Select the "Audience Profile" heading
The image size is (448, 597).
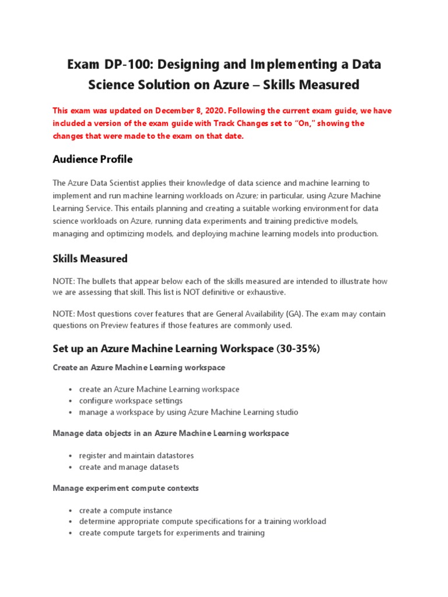(92, 159)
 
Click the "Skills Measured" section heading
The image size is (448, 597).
(90, 258)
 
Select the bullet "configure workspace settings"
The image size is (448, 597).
(131, 401)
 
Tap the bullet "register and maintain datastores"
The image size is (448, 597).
(136, 455)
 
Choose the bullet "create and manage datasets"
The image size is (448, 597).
(129, 467)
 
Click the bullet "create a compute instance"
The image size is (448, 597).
(125, 510)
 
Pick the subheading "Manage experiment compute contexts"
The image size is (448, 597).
(125, 488)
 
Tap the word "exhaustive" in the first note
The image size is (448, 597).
(265, 292)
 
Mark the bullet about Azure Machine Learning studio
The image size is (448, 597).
(188, 412)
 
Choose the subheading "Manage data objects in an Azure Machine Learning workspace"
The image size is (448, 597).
(170, 433)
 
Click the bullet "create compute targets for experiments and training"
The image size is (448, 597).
(171, 533)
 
